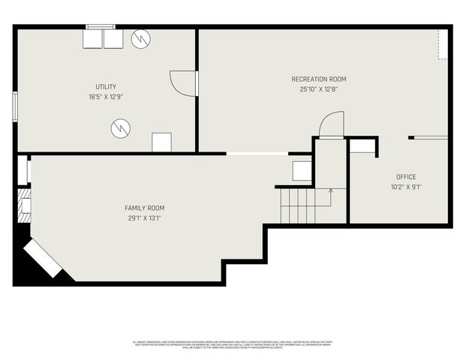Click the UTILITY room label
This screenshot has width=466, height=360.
(105, 87)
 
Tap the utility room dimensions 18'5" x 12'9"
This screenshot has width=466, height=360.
(105, 97)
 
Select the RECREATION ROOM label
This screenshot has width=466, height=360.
(319, 79)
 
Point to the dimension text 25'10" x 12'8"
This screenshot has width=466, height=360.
(319, 89)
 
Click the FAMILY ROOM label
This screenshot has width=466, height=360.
(145, 208)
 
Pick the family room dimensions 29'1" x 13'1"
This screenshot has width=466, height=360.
(145, 218)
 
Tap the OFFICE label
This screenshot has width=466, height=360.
(406, 177)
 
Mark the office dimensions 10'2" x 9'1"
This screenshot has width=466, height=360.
(406, 187)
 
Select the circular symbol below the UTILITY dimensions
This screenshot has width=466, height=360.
(120, 129)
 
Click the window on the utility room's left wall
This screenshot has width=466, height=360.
(15, 106)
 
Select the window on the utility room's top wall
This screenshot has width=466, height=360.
(101, 27)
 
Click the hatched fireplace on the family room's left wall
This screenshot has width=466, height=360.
(26, 202)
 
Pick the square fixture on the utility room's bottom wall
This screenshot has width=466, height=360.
(161, 142)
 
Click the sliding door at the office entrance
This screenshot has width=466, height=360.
(428, 137)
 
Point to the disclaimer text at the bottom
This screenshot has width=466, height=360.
(233, 344)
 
